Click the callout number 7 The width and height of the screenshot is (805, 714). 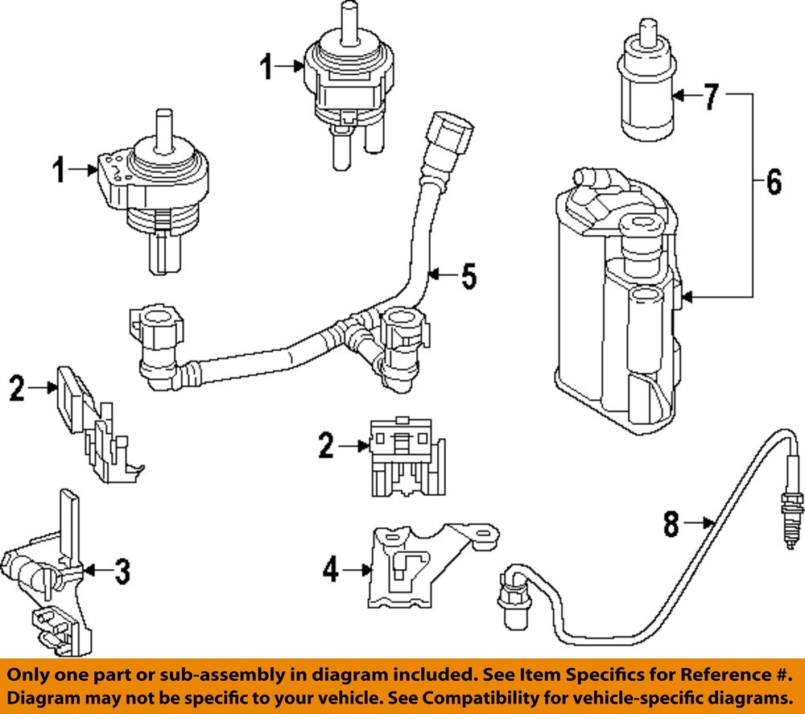[x=710, y=97]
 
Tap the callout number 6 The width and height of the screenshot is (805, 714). [x=773, y=182]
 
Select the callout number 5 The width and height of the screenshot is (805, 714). [x=468, y=277]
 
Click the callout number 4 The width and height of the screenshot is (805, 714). [x=331, y=571]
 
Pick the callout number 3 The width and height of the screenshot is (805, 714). [x=120, y=572]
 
